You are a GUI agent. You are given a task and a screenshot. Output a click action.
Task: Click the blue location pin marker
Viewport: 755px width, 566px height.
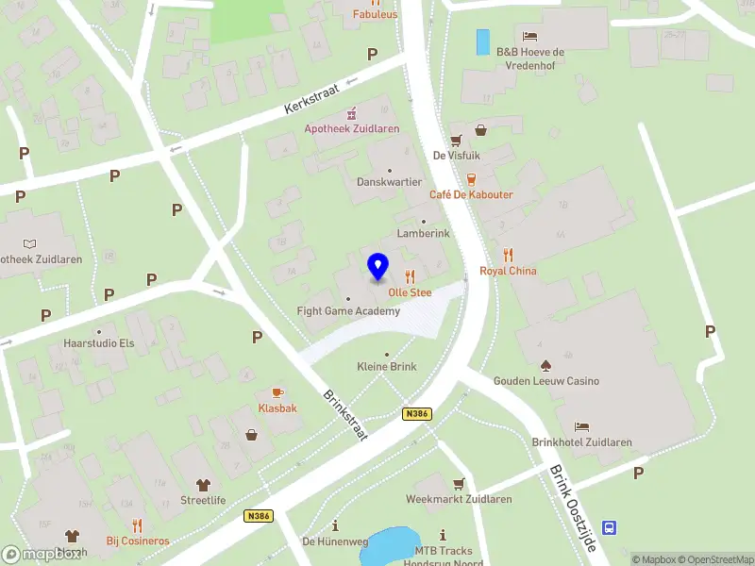377,266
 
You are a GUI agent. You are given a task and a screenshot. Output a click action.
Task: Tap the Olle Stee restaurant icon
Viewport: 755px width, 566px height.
410,276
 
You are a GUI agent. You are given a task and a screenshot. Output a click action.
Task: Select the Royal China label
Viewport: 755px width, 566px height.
508,271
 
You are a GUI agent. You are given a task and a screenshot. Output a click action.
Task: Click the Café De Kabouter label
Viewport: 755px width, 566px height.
471,194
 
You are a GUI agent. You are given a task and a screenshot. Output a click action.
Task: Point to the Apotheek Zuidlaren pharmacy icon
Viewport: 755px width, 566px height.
352,112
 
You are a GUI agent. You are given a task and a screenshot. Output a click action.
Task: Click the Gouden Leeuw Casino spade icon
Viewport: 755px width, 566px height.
545,364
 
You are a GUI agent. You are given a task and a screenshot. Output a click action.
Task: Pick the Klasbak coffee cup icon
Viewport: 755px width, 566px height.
277,391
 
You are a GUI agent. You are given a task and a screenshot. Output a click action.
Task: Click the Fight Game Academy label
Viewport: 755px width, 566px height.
348,311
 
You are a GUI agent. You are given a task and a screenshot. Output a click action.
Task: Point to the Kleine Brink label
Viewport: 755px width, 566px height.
386,366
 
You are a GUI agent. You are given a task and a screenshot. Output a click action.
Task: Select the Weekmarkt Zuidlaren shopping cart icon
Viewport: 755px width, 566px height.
459,484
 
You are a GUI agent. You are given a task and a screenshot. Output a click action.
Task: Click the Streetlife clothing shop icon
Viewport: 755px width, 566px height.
203,484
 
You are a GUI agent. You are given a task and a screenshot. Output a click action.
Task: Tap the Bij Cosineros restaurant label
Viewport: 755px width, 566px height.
138,541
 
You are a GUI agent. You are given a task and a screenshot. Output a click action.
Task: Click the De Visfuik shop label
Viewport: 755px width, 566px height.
452,156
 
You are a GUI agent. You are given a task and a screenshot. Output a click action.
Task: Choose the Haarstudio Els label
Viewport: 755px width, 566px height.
99,343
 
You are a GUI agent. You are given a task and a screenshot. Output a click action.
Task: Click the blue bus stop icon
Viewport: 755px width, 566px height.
611,528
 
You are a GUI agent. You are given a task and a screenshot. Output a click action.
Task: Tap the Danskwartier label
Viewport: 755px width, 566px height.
389,181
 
